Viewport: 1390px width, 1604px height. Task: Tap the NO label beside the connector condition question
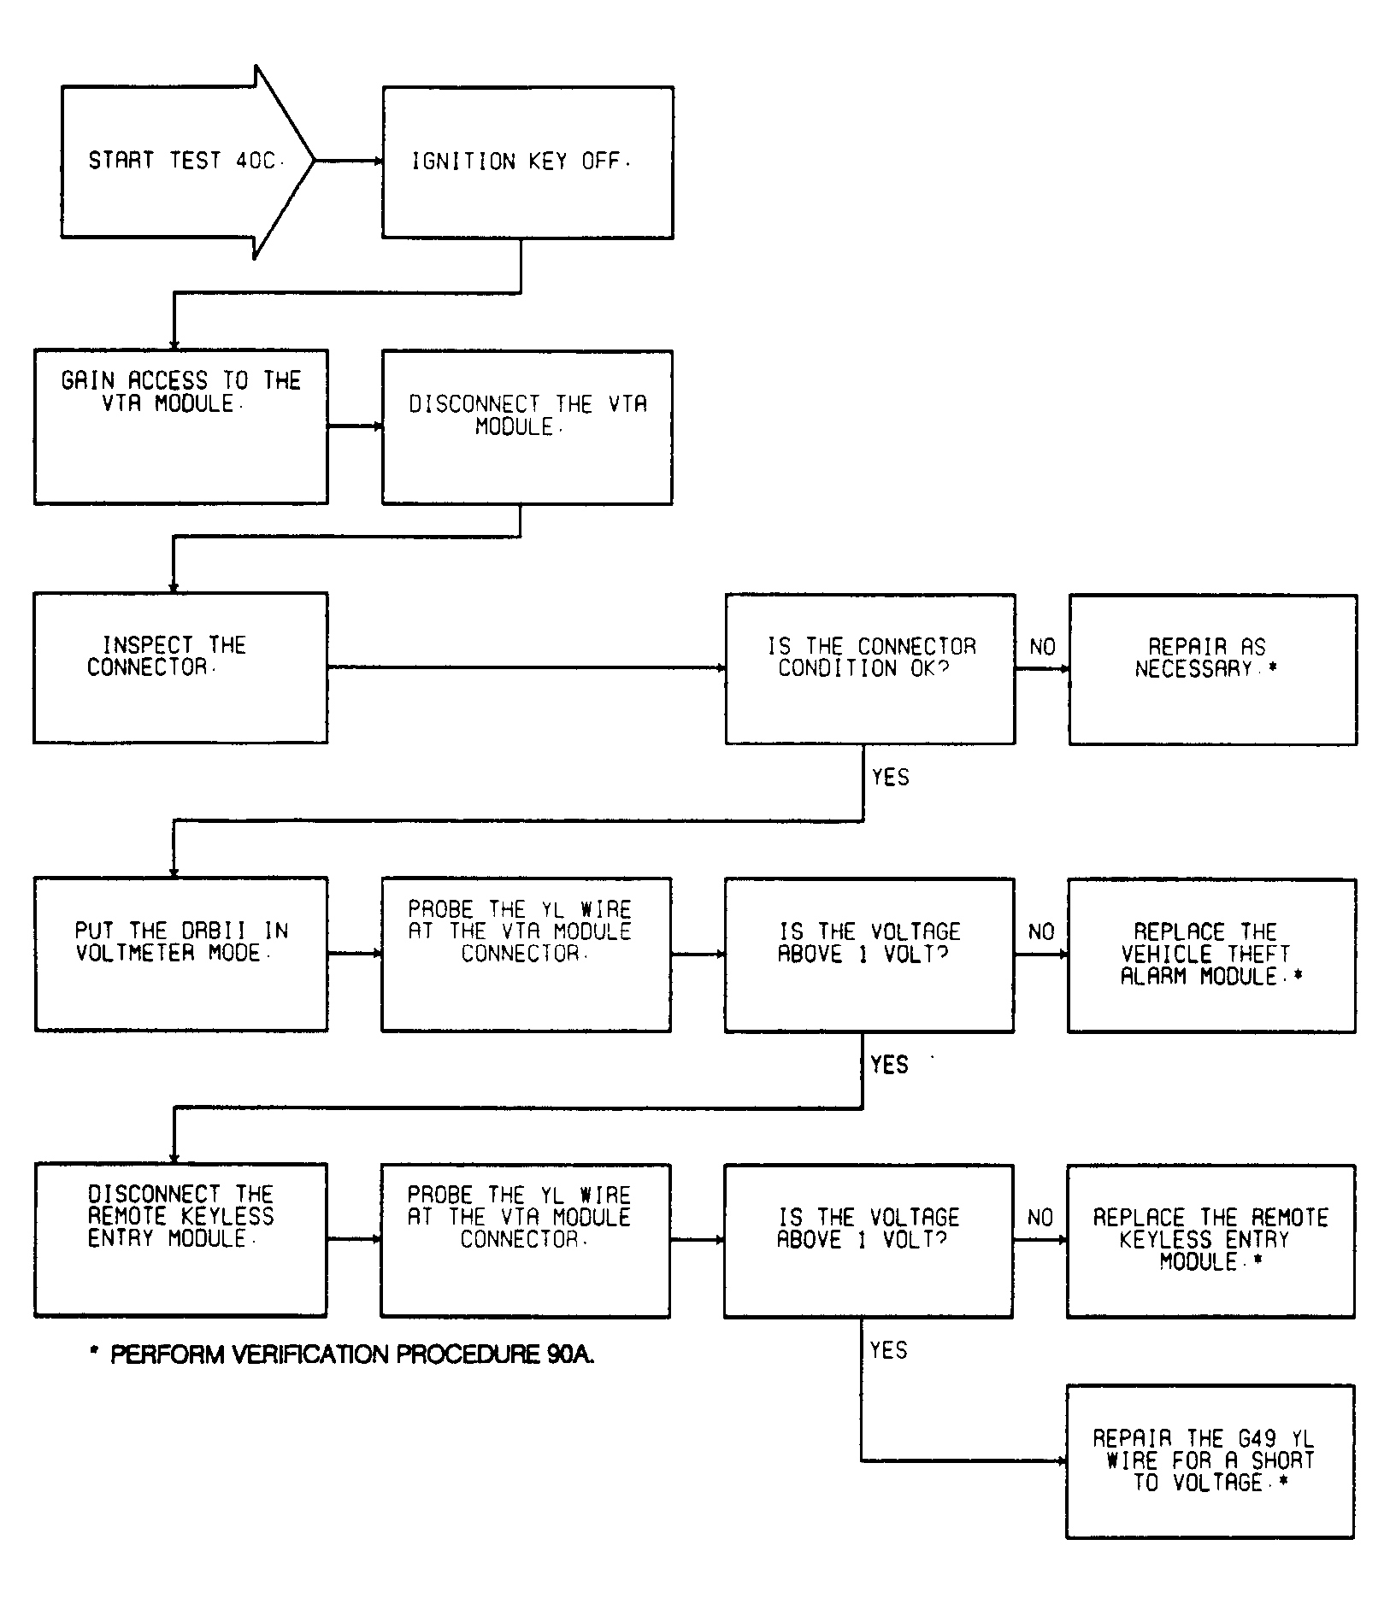1042,647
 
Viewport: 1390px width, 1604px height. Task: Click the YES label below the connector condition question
890,777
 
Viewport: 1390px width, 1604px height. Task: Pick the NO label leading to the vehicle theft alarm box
1041,931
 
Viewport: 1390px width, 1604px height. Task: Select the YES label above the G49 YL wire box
888,1349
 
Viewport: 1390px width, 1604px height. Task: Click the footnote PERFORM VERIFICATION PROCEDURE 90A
342,1354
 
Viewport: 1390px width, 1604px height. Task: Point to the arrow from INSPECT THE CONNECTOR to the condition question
527,667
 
